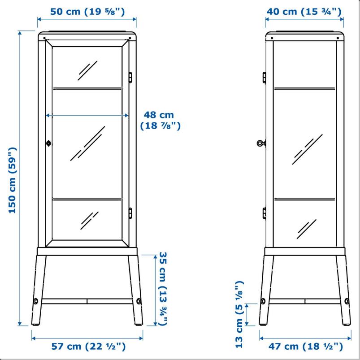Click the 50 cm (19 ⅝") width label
[87, 12]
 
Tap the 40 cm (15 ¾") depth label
[304, 12]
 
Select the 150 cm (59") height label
[12, 180]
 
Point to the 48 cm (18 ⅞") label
[160, 120]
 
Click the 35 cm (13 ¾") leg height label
[163, 289]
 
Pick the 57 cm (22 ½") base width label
[88, 346]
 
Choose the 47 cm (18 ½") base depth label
[306, 346]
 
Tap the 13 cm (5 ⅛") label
[239, 314]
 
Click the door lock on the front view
[48, 143]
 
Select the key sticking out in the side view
[261, 143]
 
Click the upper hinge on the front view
[130, 78]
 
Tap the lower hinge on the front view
[130, 213]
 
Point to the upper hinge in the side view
[264, 78]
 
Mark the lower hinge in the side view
[264, 213]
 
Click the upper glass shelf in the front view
[87, 88]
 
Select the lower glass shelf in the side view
[305, 199]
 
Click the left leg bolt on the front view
[36, 301]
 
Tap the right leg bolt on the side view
[347, 301]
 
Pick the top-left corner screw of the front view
[44, 38]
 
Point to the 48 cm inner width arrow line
[87, 115]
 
